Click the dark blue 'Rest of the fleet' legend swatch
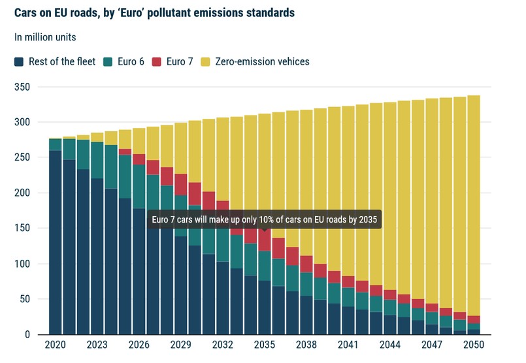click(x=20, y=62)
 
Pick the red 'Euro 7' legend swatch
click(x=157, y=62)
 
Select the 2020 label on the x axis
click(x=55, y=345)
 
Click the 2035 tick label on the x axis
click(x=264, y=345)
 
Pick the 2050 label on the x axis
click(x=473, y=345)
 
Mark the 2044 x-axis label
click(x=389, y=345)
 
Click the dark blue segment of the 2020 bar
click(x=55, y=248)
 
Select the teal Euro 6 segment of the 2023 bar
click(x=97, y=160)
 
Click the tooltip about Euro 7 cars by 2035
click(x=264, y=219)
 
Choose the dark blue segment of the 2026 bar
click(x=139, y=274)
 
